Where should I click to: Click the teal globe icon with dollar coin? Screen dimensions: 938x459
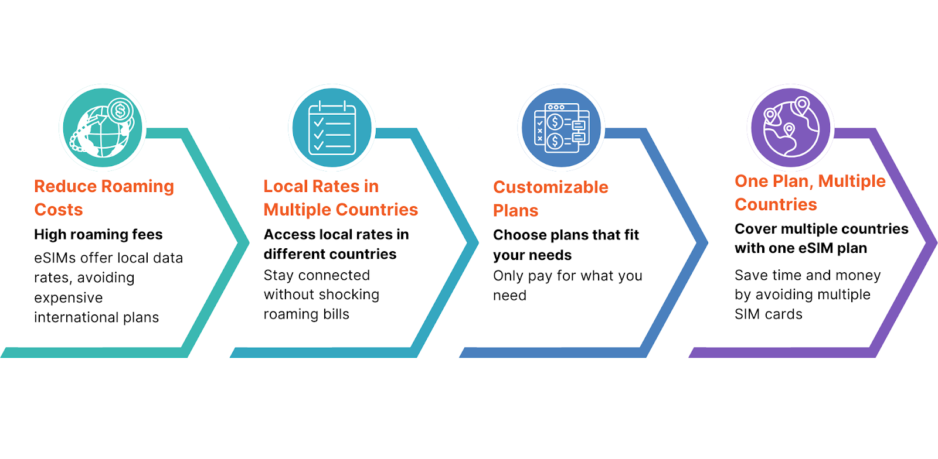coord(103,127)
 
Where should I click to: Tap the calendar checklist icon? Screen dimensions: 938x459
coord(332,128)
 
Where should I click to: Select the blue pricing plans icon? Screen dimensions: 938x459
coord(562,128)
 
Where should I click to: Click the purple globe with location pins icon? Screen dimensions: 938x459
coord(791,127)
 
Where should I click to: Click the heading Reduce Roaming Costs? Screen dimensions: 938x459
coord(104,198)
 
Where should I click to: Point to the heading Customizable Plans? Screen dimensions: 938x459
coord(550,198)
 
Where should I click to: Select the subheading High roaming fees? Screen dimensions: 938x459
coord(98,235)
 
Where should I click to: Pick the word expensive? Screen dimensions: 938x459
coord(68,297)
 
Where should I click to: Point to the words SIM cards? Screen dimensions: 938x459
coord(769,314)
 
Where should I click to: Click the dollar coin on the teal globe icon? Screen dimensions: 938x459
coord(121,111)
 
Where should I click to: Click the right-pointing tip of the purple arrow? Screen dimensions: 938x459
coord(936,242)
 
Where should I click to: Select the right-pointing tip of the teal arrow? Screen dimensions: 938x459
coord(249,242)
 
